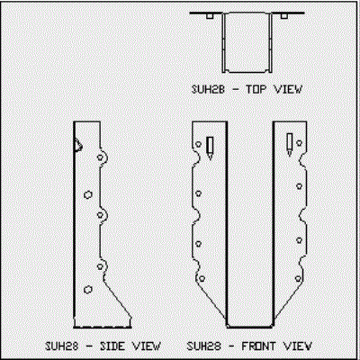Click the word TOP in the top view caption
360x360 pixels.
(x=256, y=89)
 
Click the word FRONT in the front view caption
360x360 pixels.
(x=258, y=346)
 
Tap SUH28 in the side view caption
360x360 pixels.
(x=61, y=346)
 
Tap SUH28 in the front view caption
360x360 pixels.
(x=204, y=346)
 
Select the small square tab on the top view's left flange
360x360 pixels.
(x=210, y=16)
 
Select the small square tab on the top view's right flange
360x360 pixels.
(x=284, y=16)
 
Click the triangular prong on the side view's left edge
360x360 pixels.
(x=78, y=146)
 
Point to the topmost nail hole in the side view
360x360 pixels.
(x=100, y=157)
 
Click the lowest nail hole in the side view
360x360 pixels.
(x=88, y=290)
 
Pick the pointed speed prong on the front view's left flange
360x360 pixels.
(x=210, y=148)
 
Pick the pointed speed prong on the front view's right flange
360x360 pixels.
(x=290, y=145)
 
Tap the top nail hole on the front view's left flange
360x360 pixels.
(x=198, y=144)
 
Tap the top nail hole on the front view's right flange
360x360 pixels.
(x=299, y=143)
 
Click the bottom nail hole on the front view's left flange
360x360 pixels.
(x=202, y=279)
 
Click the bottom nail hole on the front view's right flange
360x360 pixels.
(x=298, y=279)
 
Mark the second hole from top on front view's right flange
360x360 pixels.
(x=299, y=186)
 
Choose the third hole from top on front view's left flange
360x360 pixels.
(x=198, y=244)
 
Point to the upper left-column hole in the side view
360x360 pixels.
(x=88, y=195)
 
